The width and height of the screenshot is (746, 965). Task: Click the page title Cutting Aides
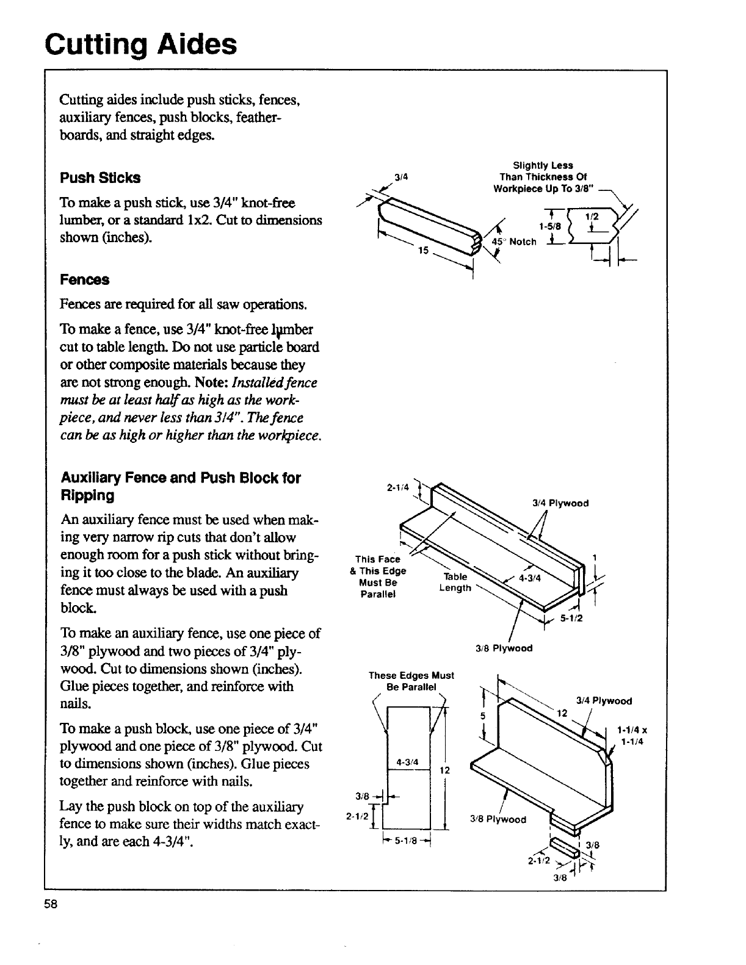coord(140,43)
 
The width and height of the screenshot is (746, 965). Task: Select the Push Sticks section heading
coord(100,178)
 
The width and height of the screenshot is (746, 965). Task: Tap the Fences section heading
coord(84,280)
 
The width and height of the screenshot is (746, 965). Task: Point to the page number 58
coord(51,905)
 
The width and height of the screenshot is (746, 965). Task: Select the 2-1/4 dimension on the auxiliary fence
coord(397,487)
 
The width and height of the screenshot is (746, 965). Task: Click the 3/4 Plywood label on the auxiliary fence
coord(560,503)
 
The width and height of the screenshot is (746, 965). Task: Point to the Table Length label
coord(455,583)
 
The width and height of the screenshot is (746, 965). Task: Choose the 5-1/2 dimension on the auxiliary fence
coord(572,618)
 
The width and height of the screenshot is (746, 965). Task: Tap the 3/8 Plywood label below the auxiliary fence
coord(504,648)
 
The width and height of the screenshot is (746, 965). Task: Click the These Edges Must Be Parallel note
coord(411,681)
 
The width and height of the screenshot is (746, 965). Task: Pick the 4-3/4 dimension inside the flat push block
coord(407,762)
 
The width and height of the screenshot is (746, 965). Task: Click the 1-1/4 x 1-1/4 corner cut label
coord(632,734)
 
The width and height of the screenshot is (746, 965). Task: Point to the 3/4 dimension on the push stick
coord(401,178)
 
